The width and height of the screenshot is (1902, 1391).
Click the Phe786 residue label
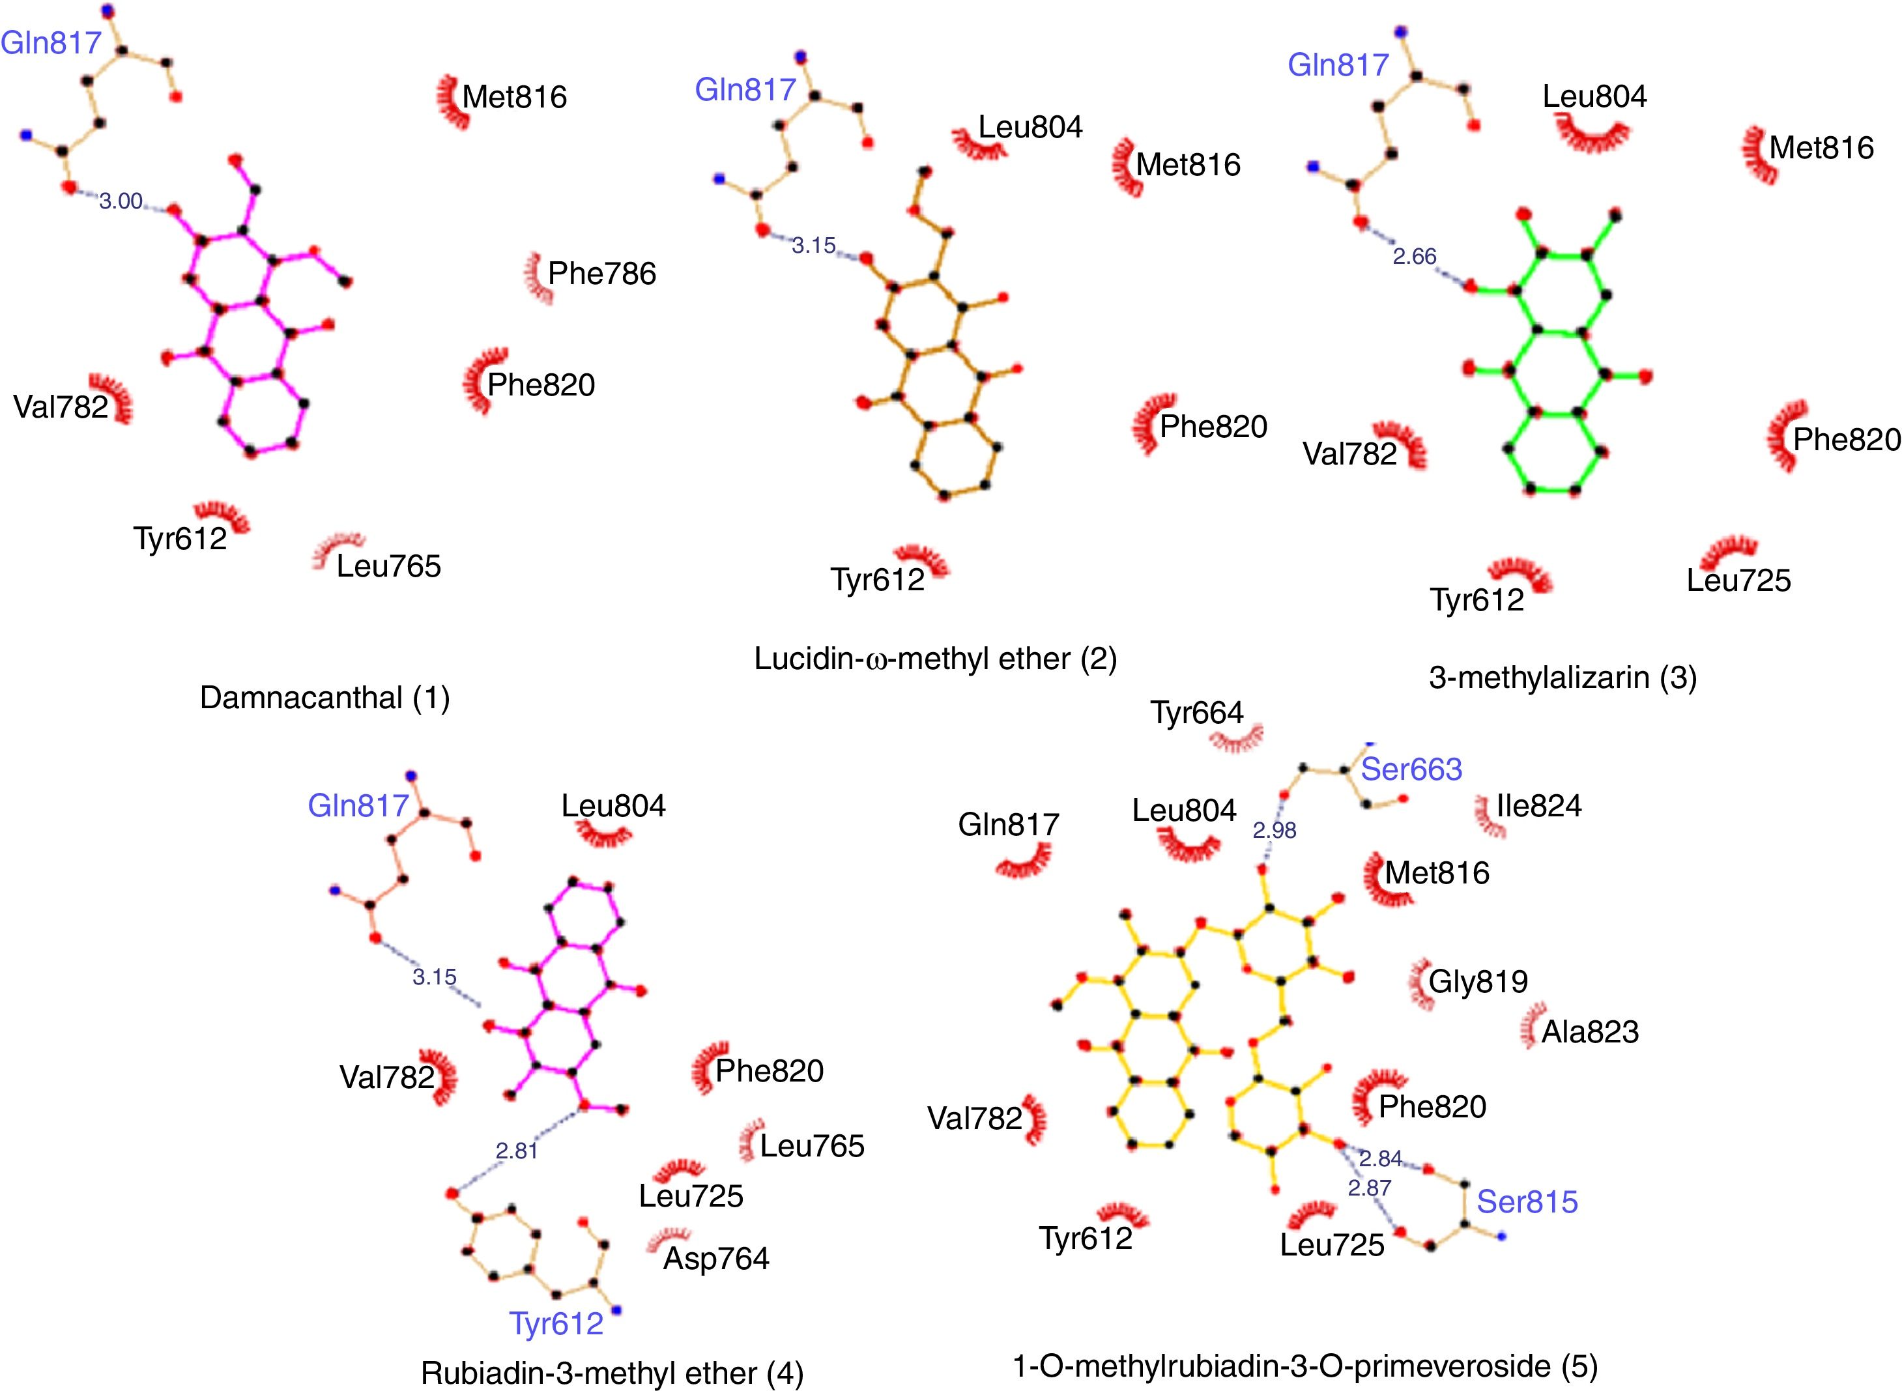coord(601,274)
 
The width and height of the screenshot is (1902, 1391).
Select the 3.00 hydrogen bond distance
coord(121,201)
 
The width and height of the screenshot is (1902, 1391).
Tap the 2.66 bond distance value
coord(1414,256)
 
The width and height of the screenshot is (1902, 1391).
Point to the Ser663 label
coord(1411,769)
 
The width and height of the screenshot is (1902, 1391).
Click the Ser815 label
coord(1527,1201)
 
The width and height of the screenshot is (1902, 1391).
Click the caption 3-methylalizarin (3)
coord(1563,677)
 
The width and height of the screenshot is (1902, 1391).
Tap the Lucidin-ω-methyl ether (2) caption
coord(934,659)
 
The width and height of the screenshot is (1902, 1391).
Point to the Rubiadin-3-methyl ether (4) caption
coord(611,1373)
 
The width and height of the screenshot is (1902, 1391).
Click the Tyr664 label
coord(1196,713)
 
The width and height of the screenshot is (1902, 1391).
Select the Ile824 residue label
coord(1538,806)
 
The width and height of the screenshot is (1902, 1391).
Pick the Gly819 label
coord(1478,981)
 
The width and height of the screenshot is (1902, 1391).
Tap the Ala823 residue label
coord(1590,1031)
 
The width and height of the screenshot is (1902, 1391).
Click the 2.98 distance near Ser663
coord(1274,830)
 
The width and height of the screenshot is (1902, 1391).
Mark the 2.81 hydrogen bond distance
coord(516,1150)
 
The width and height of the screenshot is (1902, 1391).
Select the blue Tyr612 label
coord(556,1324)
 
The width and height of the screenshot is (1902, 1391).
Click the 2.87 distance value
coord(1369,1188)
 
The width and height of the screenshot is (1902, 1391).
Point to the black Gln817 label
coord(1008,824)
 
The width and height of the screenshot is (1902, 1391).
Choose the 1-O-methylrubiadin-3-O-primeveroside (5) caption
coord(1304,1366)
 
